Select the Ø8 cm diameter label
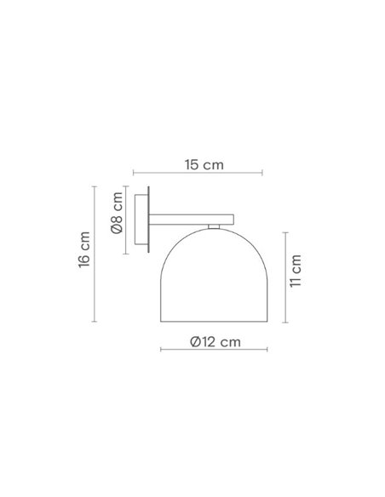[117, 219]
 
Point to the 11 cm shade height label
[296, 271]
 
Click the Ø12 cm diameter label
[214, 341]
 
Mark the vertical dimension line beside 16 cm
[95, 255]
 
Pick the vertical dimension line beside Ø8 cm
[128, 219]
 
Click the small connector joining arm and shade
[214, 227]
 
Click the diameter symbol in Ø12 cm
[195, 341]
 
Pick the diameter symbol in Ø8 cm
[117, 229]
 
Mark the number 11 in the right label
[296, 280]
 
